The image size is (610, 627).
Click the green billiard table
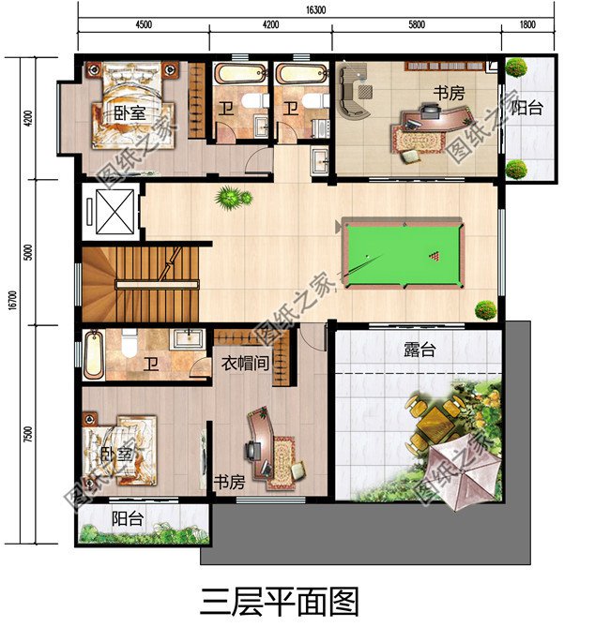click(x=401, y=253)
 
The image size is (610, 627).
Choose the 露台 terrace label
click(x=419, y=350)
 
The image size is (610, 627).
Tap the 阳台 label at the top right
click(x=526, y=107)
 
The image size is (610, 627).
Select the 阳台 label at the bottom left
click(x=128, y=517)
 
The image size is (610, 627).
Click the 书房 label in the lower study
click(x=230, y=483)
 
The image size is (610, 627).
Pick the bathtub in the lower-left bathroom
click(x=93, y=356)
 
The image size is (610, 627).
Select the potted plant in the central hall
click(x=231, y=198)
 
